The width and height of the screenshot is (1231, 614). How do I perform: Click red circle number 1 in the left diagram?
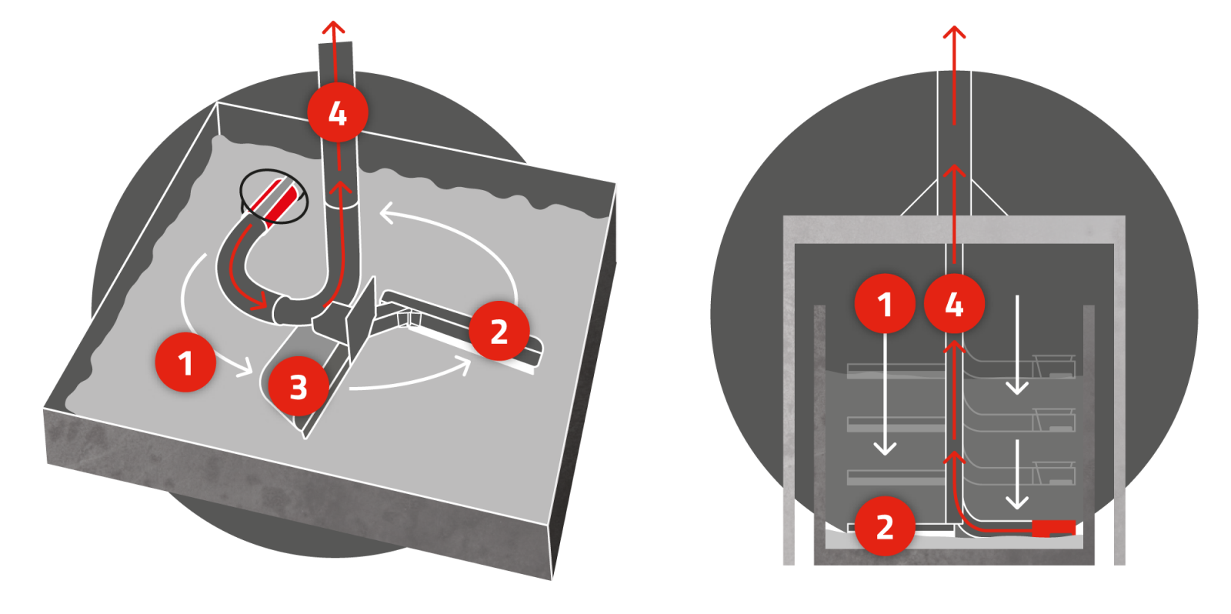185,362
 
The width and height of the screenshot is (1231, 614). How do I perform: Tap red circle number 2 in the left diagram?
499,331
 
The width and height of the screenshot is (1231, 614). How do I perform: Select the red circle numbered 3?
299,386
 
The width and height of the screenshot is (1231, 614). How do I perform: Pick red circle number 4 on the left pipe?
337,112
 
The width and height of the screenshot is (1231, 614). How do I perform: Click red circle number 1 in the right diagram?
885,304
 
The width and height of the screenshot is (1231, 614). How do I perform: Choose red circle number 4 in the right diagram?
954,305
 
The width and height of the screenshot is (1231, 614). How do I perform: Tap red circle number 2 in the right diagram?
885,526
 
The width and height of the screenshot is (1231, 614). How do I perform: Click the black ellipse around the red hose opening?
274,196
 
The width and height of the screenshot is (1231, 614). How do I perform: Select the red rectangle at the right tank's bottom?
1054,528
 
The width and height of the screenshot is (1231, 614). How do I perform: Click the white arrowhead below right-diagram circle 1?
886,447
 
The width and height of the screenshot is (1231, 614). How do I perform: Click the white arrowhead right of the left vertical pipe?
387,213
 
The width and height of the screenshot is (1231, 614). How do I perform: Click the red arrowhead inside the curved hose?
260,302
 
